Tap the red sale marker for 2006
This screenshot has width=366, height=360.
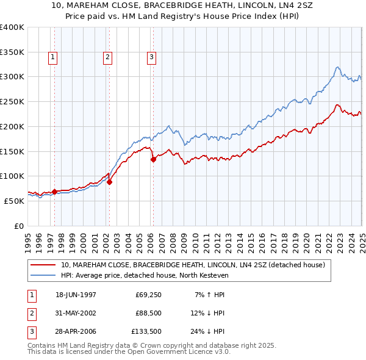tap(153, 160)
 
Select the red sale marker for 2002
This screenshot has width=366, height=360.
tap(110, 181)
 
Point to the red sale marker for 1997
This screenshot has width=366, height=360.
tap(55, 192)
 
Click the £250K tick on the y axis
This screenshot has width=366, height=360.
tap(12, 101)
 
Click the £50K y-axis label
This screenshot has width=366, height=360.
tap(13, 200)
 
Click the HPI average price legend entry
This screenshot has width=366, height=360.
tap(144, 276)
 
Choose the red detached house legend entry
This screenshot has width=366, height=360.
tap(196, 265)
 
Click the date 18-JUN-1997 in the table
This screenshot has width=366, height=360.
tap(76, 295)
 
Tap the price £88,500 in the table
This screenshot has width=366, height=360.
tap(149, 314)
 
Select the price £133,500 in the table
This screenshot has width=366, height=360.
tap(147, 333)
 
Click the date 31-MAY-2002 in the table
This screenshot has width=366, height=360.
tap(76, 314)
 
